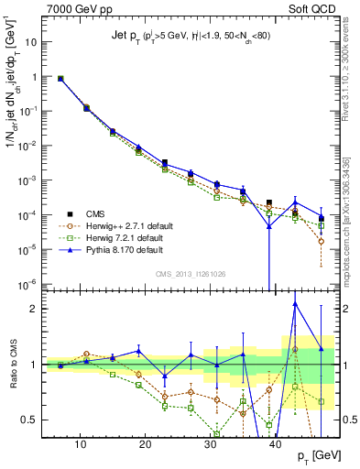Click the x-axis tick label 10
(x=81, y=445)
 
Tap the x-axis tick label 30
(x=211, y=445)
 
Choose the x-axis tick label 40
(x=277, y=445)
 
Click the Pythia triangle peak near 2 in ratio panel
(x=295, y=304)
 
